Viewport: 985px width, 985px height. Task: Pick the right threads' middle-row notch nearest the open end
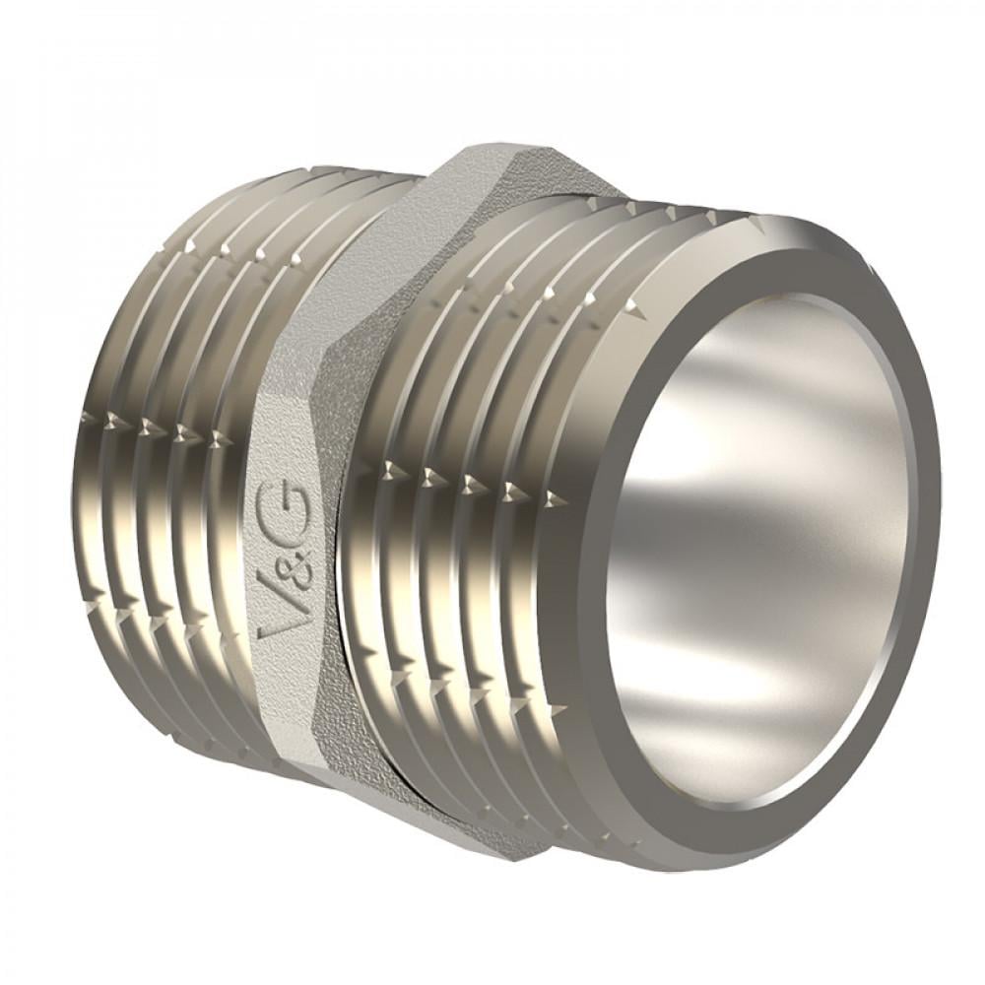[x=516, y=489]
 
